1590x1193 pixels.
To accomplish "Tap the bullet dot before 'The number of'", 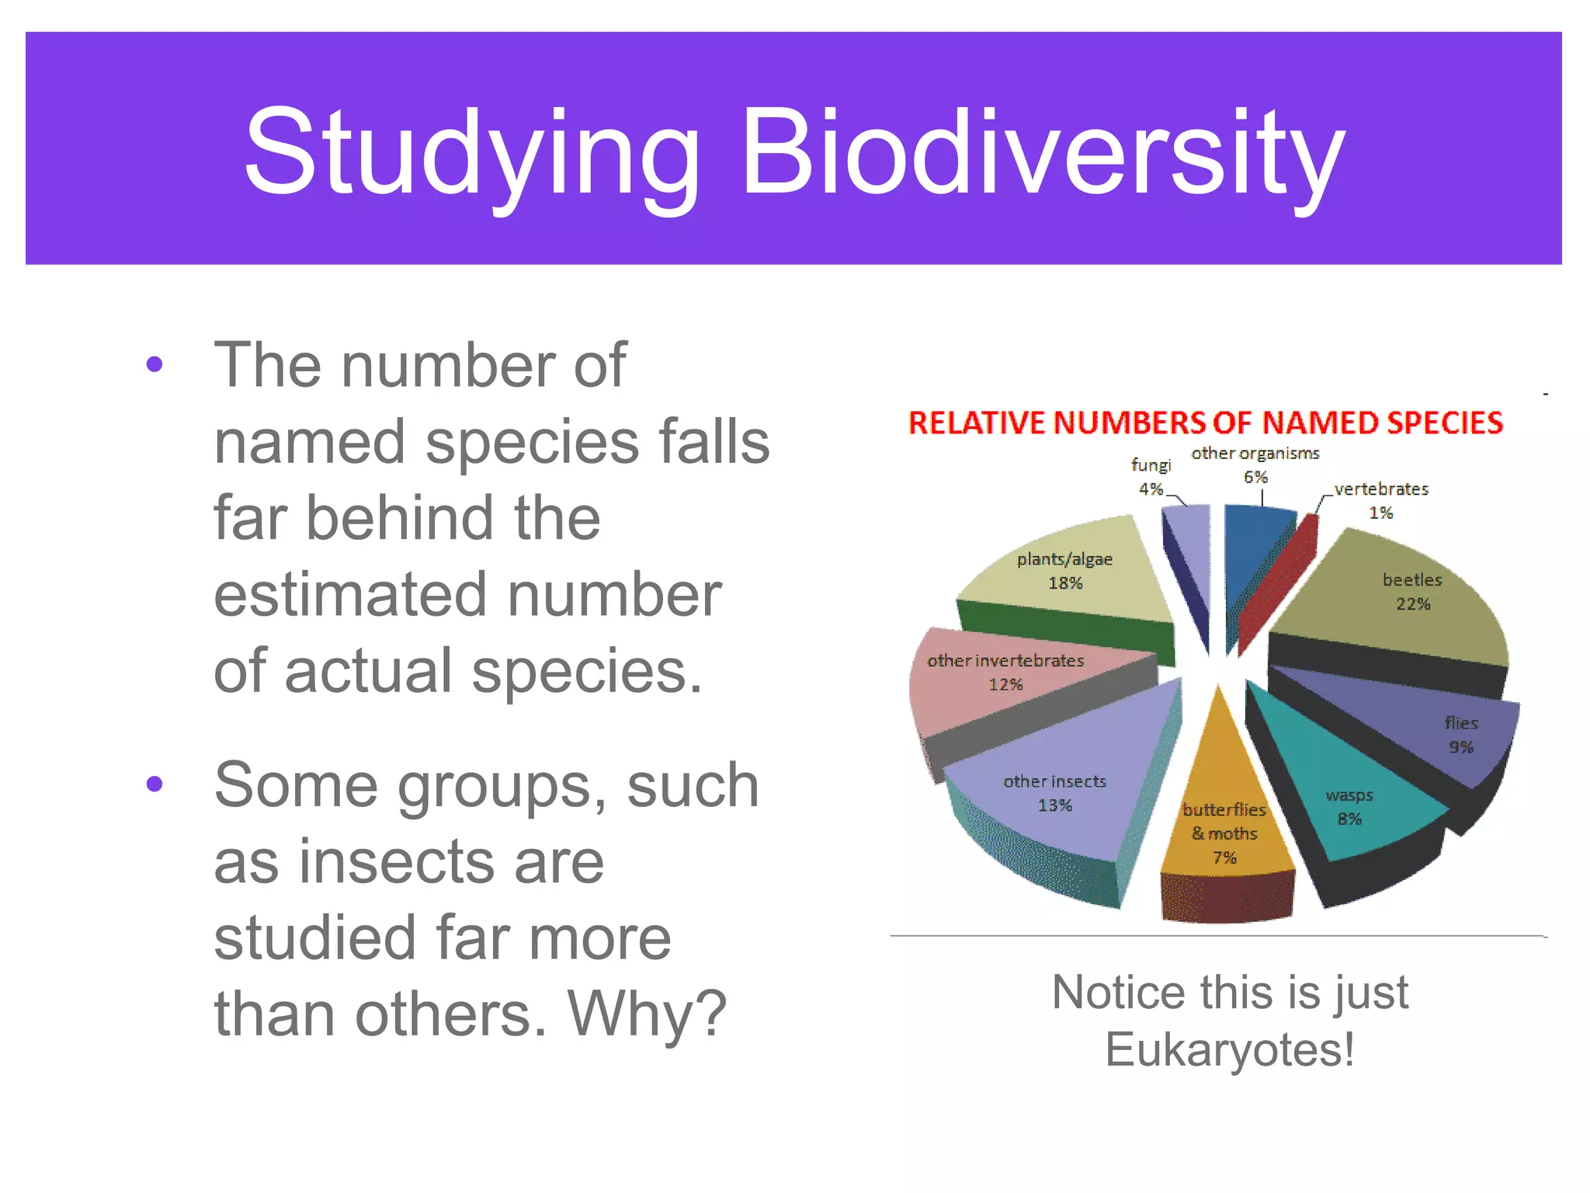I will click(154, 364).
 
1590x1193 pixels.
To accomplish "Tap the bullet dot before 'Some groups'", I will click(154, 784).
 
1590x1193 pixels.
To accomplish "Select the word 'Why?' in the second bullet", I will click(647, 1014).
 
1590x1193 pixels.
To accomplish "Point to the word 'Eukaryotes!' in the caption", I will click(1230, 1050).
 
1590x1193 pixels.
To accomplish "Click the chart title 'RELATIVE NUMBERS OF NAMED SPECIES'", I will click(1206, 423).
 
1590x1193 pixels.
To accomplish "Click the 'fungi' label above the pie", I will click(1151, 465).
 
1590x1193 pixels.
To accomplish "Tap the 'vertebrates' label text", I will click(1381, 489).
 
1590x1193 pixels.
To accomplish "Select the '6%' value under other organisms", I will click(1255, 477).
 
